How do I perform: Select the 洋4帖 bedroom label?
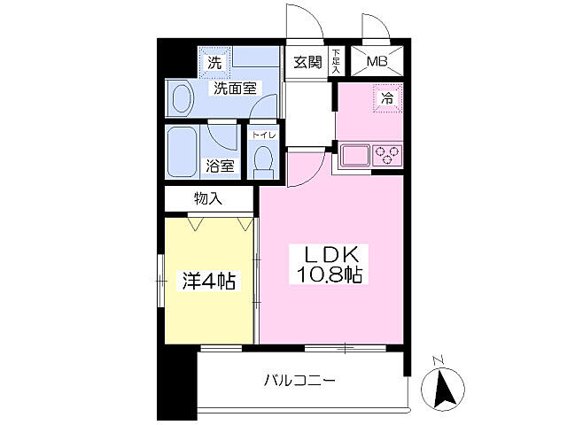point(209,282)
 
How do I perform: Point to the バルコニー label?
point(299,382)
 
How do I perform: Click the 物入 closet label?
point(208,199)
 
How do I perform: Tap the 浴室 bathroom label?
point(220,166)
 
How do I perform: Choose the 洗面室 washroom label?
point(233,89)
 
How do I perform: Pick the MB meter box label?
point(377,62)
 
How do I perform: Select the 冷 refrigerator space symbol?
point(387,98)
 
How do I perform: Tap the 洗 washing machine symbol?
point(214,63)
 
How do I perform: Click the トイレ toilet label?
point(264,135)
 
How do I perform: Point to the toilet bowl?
point(263,159)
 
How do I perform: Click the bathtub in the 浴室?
point(185,151)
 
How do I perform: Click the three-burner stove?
point(387,156)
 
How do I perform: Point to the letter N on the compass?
point(436,360)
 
